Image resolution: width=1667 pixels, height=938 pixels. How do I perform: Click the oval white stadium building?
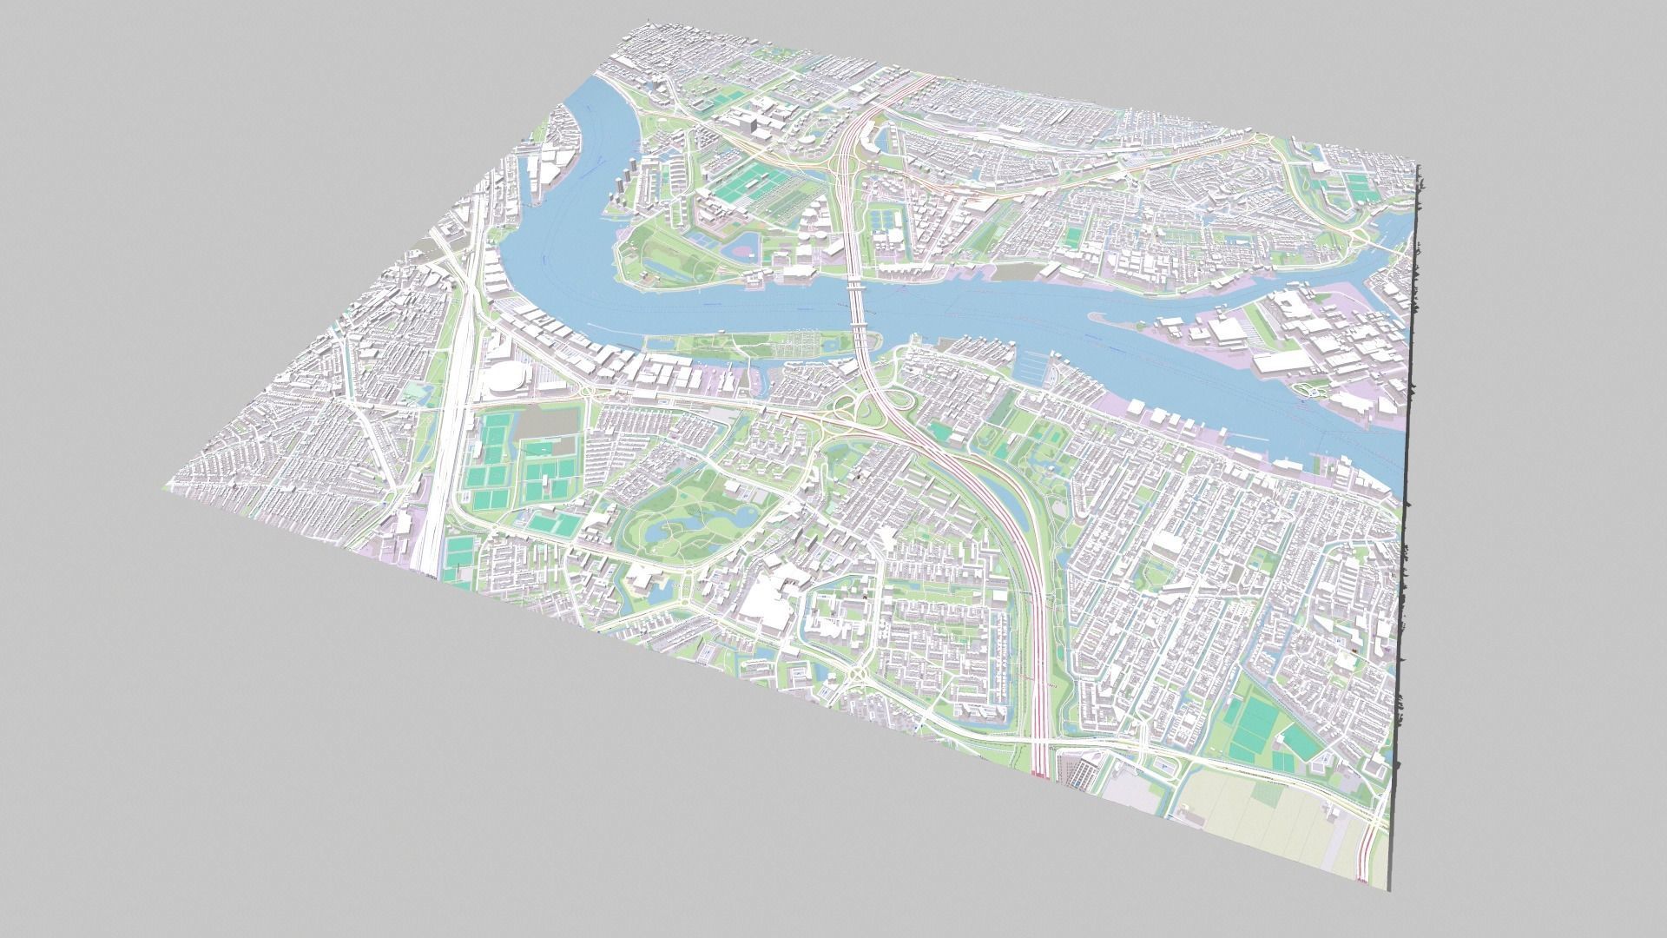click(x=502, y=380)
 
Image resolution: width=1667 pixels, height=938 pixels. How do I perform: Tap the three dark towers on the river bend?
click(x=627, y=185)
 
